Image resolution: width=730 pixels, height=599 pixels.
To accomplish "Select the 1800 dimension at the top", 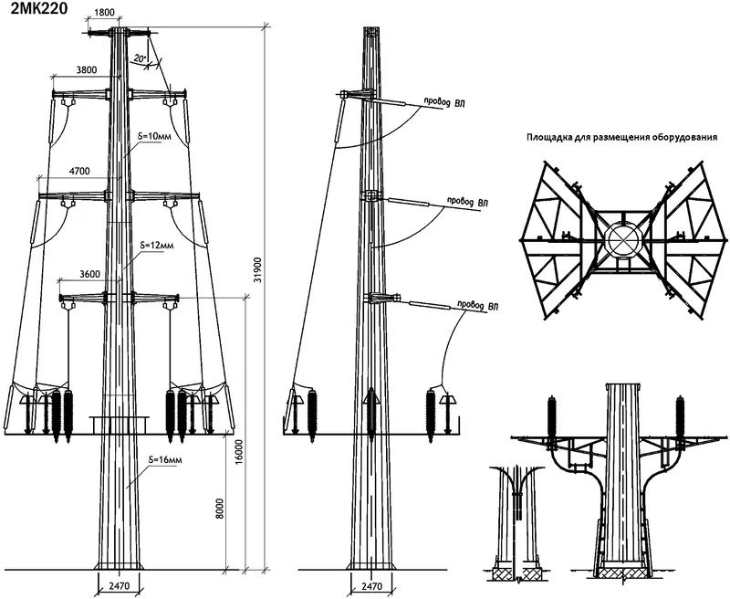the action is [x=104, y=13].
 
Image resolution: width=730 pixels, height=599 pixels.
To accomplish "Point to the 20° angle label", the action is [x=140, y=58].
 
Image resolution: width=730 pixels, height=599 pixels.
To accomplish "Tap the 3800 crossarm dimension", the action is [x=86, y=70].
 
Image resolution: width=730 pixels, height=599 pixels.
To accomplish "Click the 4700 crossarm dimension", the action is [x=79, y=171].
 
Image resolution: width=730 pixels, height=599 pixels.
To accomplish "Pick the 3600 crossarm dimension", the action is [x=89, y=274].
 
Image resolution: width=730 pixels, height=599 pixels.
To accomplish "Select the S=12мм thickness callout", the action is [x=158, y=244].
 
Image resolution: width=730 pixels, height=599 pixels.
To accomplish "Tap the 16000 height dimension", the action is [x=239, y=451].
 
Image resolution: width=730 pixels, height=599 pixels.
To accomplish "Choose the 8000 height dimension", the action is [x=220, y=509].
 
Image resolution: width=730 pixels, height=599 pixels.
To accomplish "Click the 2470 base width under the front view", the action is [x=119, y=586].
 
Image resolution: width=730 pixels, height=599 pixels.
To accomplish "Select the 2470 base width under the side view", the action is [x=371, y=586].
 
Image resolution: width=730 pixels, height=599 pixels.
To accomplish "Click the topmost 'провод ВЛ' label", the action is [x=443, y=102].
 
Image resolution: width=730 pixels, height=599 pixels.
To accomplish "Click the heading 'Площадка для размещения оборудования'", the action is [x=621, y=137].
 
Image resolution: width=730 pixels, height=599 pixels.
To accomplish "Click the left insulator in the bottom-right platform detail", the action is [x=553, y=417].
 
